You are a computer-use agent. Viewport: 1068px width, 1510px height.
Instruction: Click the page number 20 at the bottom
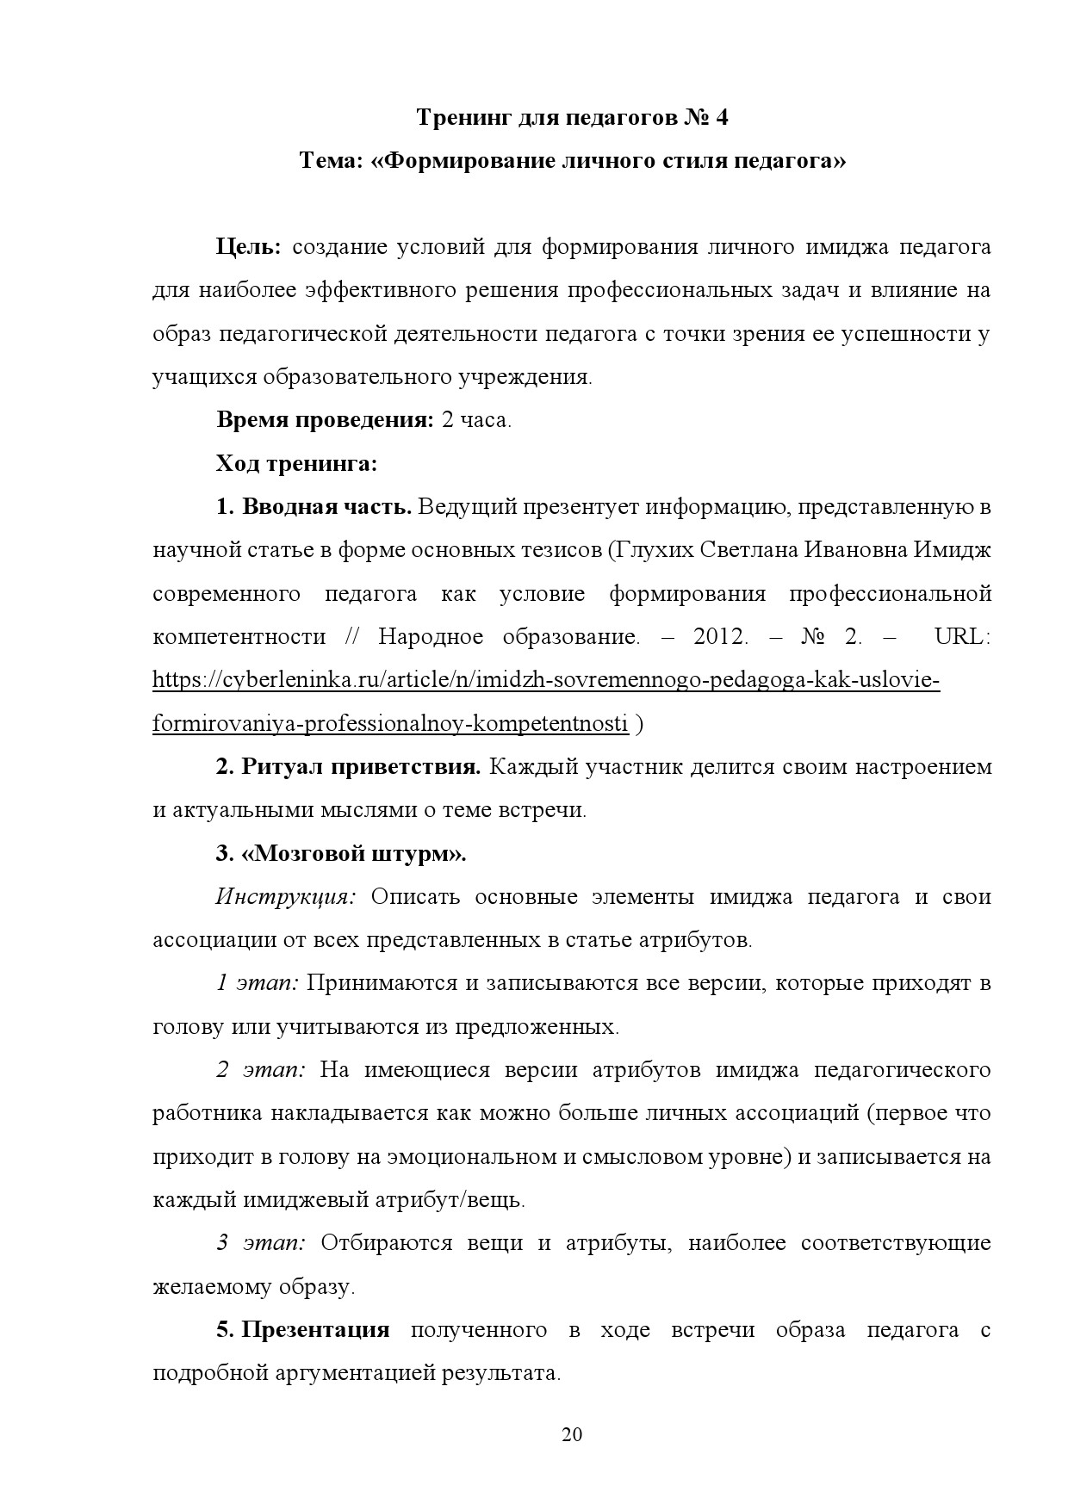tap(572, 1434)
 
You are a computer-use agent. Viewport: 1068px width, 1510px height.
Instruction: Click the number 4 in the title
tap(721, 117)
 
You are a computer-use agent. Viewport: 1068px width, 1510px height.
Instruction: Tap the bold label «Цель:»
tap(248, 248)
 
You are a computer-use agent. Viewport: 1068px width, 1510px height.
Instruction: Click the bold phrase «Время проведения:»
tap(325, 421)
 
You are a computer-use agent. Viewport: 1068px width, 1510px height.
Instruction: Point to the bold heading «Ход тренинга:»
tap(296, 464)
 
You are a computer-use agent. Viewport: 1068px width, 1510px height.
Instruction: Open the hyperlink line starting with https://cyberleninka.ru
tap(546, 680)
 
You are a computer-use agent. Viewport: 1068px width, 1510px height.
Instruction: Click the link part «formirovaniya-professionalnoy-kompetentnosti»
tap(390, 724)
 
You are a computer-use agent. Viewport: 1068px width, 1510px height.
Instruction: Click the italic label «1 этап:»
tap(257, 983)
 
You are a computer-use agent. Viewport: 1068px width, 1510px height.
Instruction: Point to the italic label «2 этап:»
tap(261, 1070)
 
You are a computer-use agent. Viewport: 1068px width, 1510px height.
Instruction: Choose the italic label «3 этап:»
tap(261, 1243)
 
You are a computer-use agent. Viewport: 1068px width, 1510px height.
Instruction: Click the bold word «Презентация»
tap(315, 1330)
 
